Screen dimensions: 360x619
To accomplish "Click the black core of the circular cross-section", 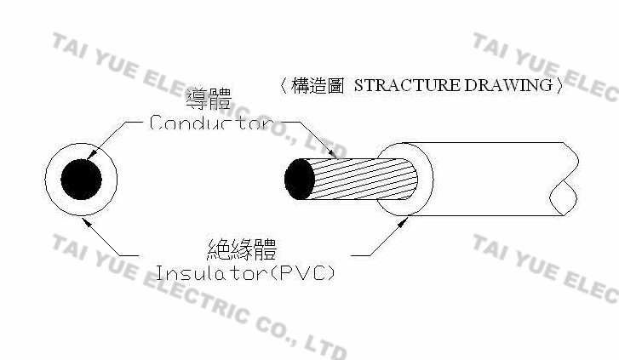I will point(82,180).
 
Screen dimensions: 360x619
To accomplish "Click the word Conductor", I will point(209,123).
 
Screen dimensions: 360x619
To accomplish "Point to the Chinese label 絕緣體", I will point(242,249).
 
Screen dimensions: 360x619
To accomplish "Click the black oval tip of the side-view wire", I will point(299,180).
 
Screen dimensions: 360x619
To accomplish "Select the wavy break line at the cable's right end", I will point(566,180).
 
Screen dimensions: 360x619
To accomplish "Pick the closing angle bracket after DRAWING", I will point(559,86).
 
